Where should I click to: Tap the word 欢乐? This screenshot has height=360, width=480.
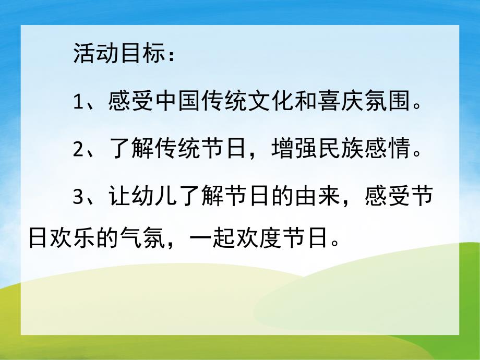(71, 239)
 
